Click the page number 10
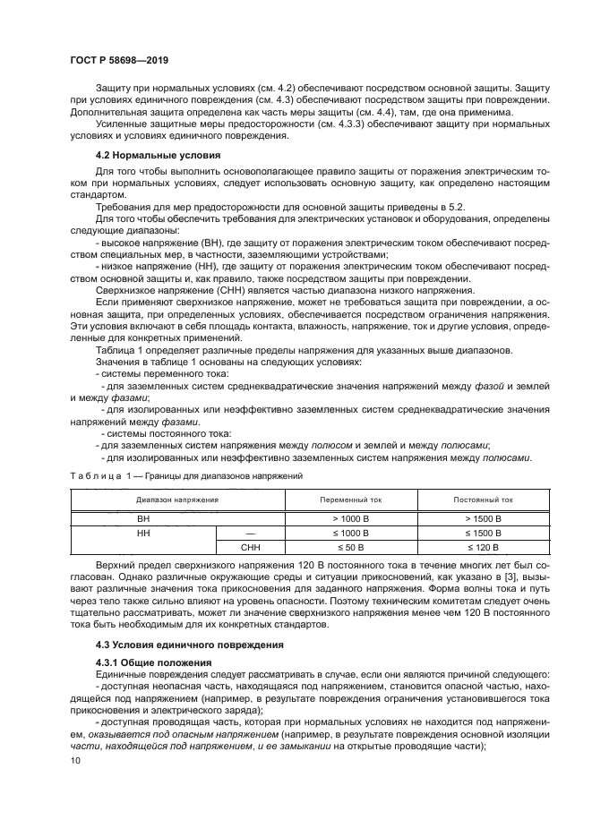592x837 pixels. [74, 760]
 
